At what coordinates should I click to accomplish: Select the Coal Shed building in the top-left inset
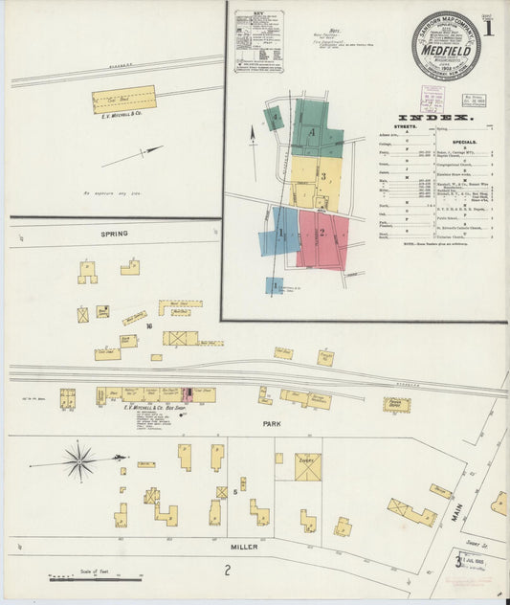tap(123, 99)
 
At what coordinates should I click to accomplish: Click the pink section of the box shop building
tap(188, 393)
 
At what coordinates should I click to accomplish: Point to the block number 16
tap(149, 327)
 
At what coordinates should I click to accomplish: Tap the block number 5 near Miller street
tap(233, 492)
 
